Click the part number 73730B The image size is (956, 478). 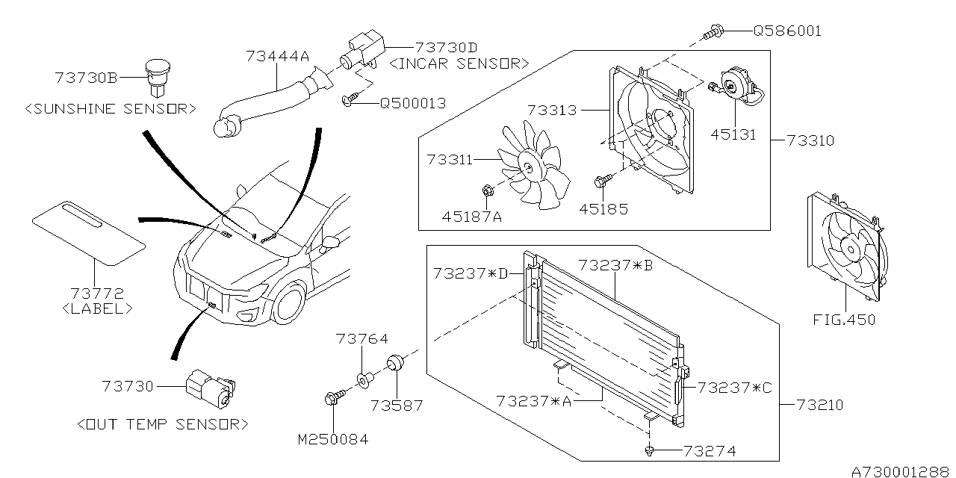86,77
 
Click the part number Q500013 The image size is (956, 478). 413,103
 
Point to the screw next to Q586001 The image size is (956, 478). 713,31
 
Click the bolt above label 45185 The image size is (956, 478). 603,180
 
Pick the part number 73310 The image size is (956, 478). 810,140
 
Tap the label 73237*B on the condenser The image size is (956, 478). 615,265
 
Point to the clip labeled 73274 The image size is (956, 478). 651,450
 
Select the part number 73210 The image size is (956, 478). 819,405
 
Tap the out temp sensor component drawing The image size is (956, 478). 211,388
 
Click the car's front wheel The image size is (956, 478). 286,305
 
